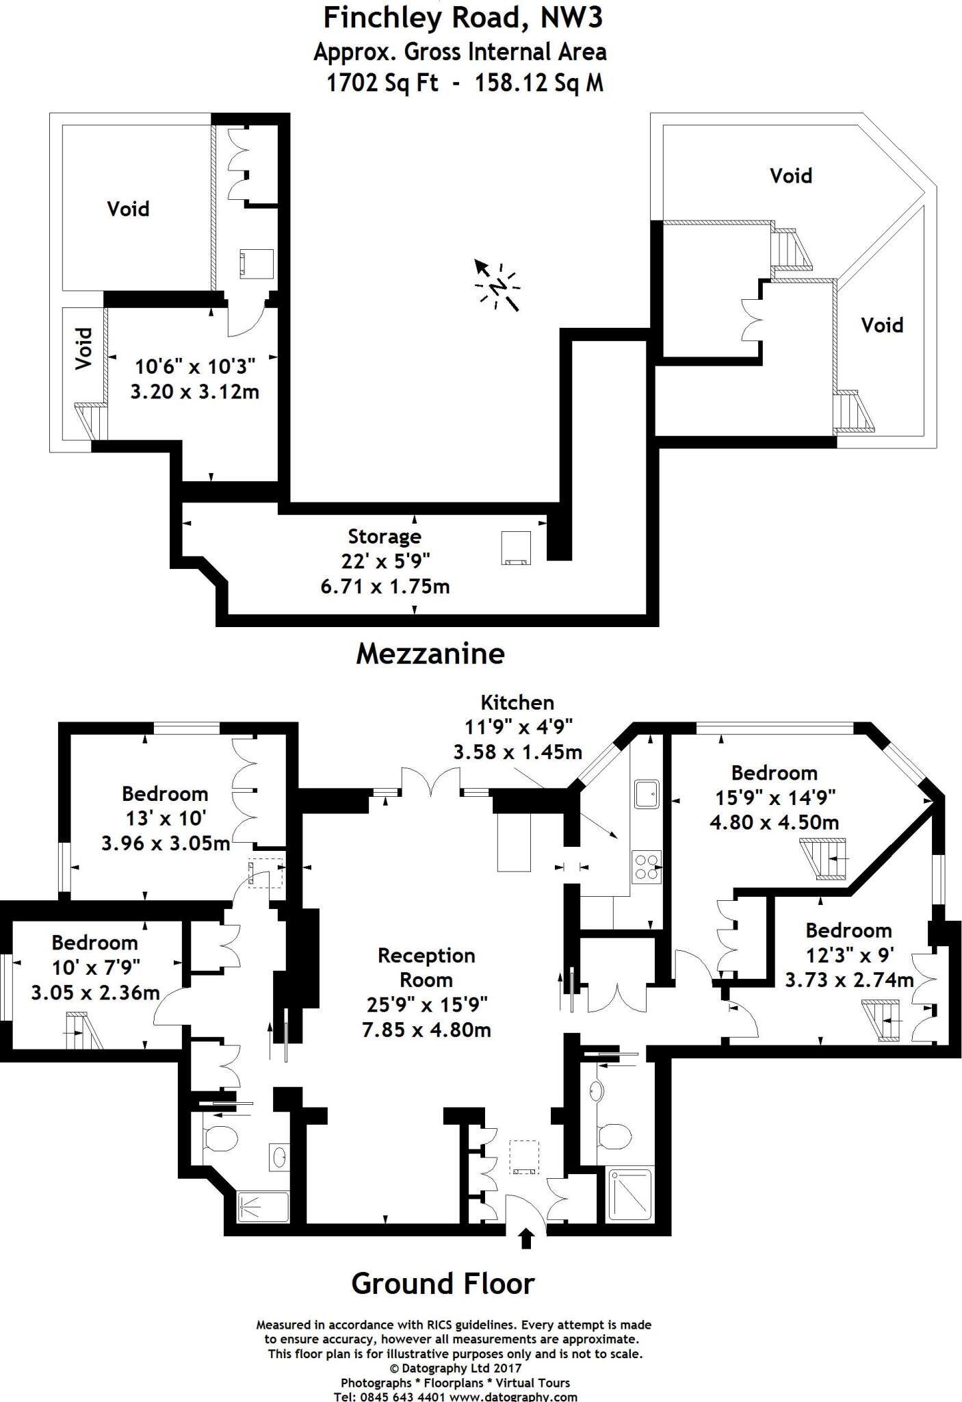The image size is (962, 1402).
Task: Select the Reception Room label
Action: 426,967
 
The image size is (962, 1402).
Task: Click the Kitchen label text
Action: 517,702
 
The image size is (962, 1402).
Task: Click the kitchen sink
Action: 647,795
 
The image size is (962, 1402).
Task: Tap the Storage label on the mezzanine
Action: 385,536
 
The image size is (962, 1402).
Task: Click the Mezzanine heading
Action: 430,654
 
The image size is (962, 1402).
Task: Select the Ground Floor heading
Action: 443,1284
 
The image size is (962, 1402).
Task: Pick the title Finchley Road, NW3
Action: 463,18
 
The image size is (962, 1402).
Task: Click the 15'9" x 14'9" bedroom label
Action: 774,798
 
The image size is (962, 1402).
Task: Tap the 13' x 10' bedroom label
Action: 165,818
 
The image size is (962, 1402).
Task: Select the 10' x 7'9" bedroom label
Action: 95,967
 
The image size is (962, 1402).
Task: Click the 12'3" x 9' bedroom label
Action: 848,954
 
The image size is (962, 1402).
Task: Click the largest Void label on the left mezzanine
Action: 128,209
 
